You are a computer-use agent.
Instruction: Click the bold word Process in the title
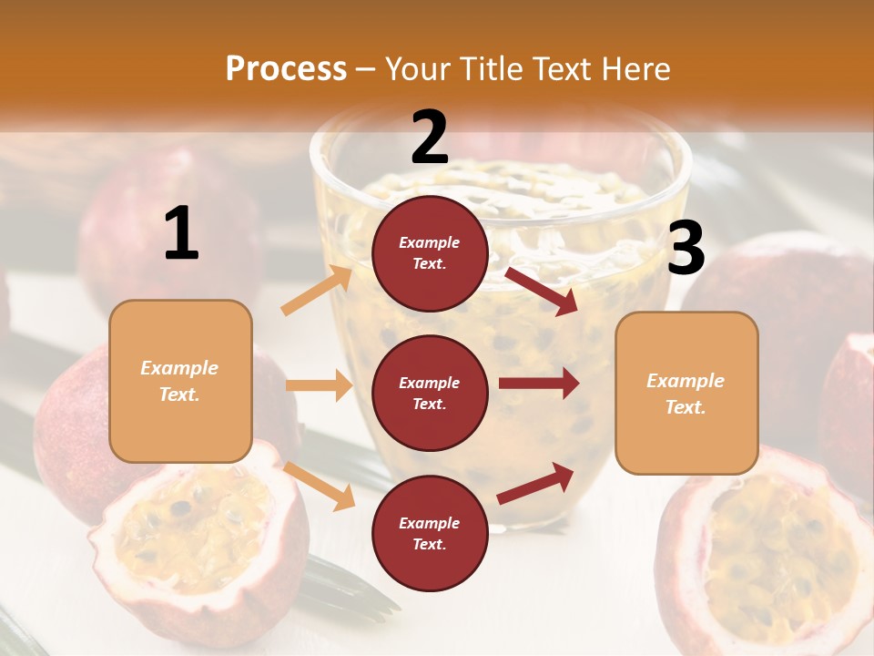(x=286, y=69)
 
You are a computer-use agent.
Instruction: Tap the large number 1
(x=181, y=234)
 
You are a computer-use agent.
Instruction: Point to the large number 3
(x=686, y=249)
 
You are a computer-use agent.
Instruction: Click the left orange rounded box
(x=180, y=381)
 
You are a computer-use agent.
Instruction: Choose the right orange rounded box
(x=686, y=393)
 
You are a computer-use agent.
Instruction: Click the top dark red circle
(x=430, y=253)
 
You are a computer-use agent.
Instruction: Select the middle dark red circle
(x=430, y=393)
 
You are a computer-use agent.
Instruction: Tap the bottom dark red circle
(x=430, y=533)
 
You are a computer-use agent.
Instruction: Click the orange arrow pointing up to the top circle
(x=317, y=291)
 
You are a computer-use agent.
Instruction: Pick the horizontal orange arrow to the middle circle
(x=319, y=385)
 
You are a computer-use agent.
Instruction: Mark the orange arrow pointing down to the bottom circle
(x=319, y=485)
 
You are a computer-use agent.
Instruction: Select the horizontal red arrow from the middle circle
(x=538, y=384)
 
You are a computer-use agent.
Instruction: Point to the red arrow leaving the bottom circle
(x=535, y=483)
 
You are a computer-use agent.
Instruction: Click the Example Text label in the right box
(x=686, y=394)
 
